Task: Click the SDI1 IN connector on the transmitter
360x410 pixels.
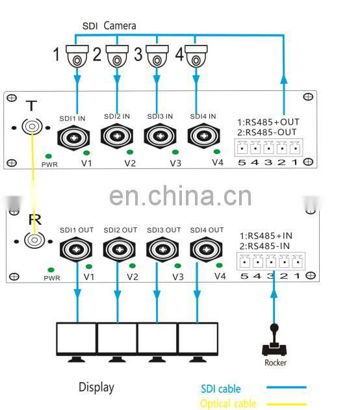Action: click(x=75, y=136)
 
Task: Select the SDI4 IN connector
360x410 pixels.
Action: click(x=203, y=136)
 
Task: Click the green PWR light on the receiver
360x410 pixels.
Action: click(x=49, y=268)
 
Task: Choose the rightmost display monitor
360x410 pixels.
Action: click(x=198, y=340)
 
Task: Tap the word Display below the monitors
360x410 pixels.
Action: click(x=96, y=387)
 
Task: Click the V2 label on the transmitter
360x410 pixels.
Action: click(x=131, y=162)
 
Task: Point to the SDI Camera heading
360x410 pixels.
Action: click(x=109, y=26)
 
